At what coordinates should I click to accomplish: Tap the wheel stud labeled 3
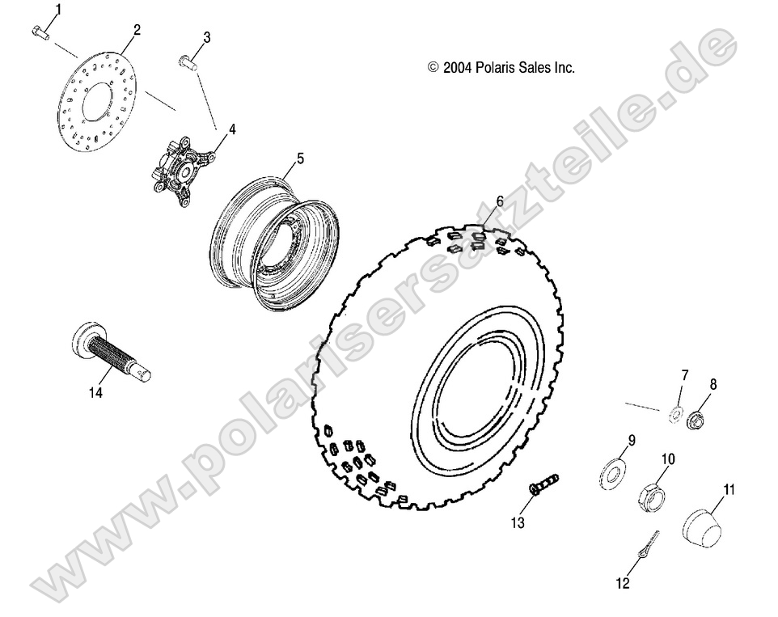click(x=188, y=61)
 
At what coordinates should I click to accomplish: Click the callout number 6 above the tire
click(x=501, y=200)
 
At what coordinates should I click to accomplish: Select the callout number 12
click(x=622, y=581)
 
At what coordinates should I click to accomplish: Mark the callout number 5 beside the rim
click(x=300, y=159)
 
